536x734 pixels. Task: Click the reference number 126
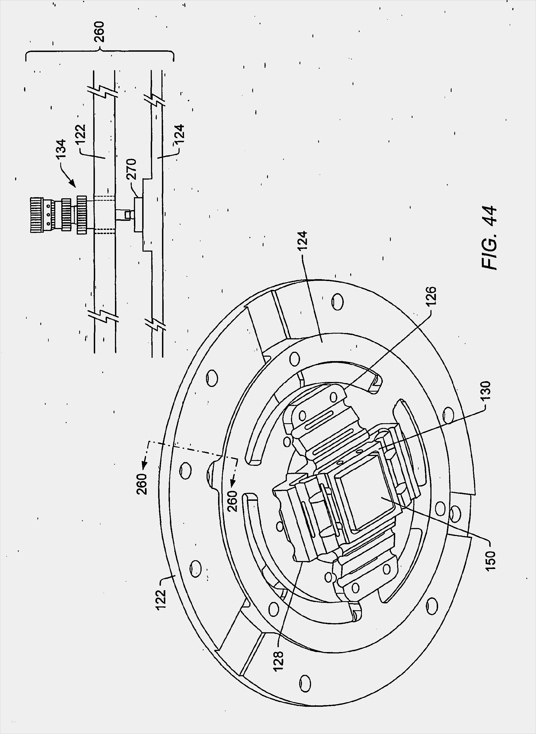tap(431, 296)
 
